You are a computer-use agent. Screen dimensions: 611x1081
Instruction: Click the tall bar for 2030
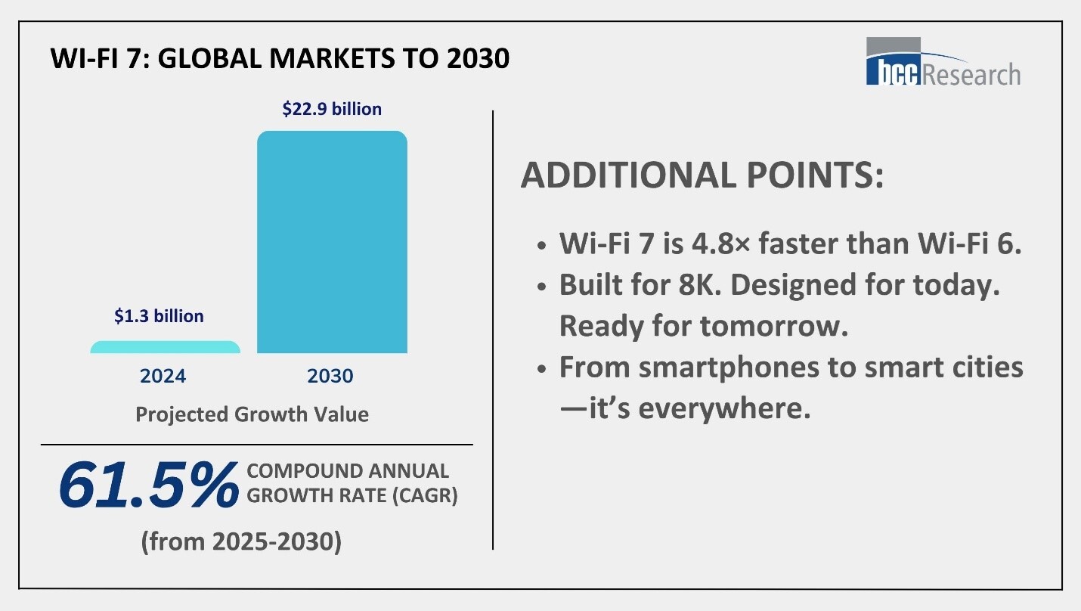click(332, 242)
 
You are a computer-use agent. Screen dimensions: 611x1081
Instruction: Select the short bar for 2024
click(166, 347)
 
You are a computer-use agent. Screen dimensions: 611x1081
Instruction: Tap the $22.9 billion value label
click(332, 109)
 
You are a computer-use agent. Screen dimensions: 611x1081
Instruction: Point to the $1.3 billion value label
click(159, 316)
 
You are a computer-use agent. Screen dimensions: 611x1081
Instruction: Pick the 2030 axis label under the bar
click(330, 376)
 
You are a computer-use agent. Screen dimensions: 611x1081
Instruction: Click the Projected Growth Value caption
click(252, 414)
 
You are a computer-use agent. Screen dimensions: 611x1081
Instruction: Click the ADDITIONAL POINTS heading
click(702, 176)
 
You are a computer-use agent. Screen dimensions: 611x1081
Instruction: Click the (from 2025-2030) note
click(241, 542)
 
